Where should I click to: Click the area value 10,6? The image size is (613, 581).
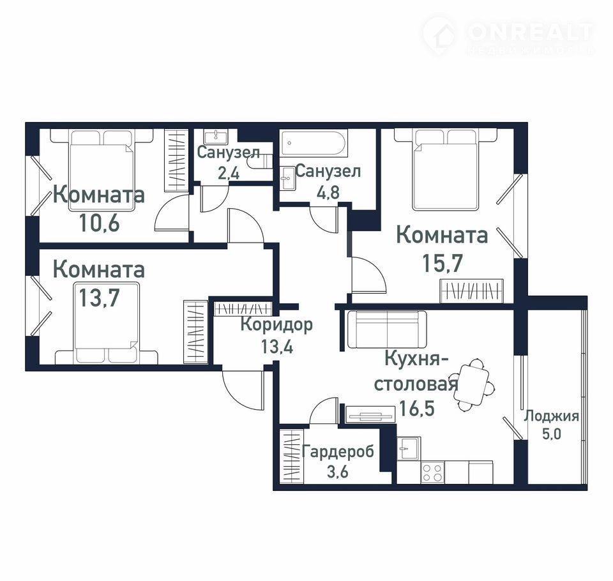(x=100, y=223)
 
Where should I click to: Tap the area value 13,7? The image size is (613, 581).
(x=99, y=298)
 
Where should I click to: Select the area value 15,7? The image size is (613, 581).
(x=443, y=263)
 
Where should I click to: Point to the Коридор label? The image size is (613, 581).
(x=276, y=325)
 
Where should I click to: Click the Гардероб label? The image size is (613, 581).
(x=338, y=452)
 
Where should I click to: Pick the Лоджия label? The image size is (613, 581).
(x=551, y=416)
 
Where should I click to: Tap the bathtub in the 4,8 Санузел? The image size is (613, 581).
(x=313, y=144)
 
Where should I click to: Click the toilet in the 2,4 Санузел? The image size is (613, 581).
(x=262, y=161)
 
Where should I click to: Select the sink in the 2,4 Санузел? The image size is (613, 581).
(x=215, y=137)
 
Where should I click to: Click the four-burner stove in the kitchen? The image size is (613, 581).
(x=432, y=472)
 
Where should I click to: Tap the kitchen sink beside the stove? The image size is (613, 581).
(x=409, y=448)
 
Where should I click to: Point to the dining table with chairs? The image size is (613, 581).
(x=474, y=386)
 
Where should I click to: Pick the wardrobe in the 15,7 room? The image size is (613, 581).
(x=471, y=290)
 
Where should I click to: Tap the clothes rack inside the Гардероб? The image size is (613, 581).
(x=292, y=456)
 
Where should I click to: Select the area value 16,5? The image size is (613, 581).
(x=417, y=409)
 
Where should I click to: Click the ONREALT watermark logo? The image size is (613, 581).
(x=508, y=35)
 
